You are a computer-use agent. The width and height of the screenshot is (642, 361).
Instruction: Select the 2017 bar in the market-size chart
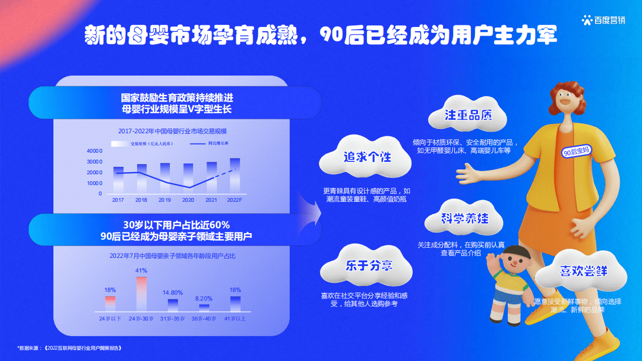click(x=118, y=179)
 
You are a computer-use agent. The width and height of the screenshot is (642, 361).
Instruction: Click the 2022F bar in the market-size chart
click(x=235, y=175)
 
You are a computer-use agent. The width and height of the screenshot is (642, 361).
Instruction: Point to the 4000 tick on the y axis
click(x=94, y=151)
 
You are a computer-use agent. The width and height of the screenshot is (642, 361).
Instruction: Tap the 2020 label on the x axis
click(x=188, y=200)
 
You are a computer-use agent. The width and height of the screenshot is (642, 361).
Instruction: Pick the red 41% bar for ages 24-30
click(x=141, y=294)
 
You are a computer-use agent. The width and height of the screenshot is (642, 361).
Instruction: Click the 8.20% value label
click(x=204, y=298)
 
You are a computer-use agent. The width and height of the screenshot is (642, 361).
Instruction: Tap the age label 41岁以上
click(x=235, y=319)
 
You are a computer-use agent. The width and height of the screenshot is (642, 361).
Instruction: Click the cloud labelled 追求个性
click(x=367, y=158)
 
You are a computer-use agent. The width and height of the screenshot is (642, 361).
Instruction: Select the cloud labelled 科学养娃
click(x=464, y=219)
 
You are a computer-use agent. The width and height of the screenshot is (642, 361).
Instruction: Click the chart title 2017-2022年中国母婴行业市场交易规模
click(x=172, y=131)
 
